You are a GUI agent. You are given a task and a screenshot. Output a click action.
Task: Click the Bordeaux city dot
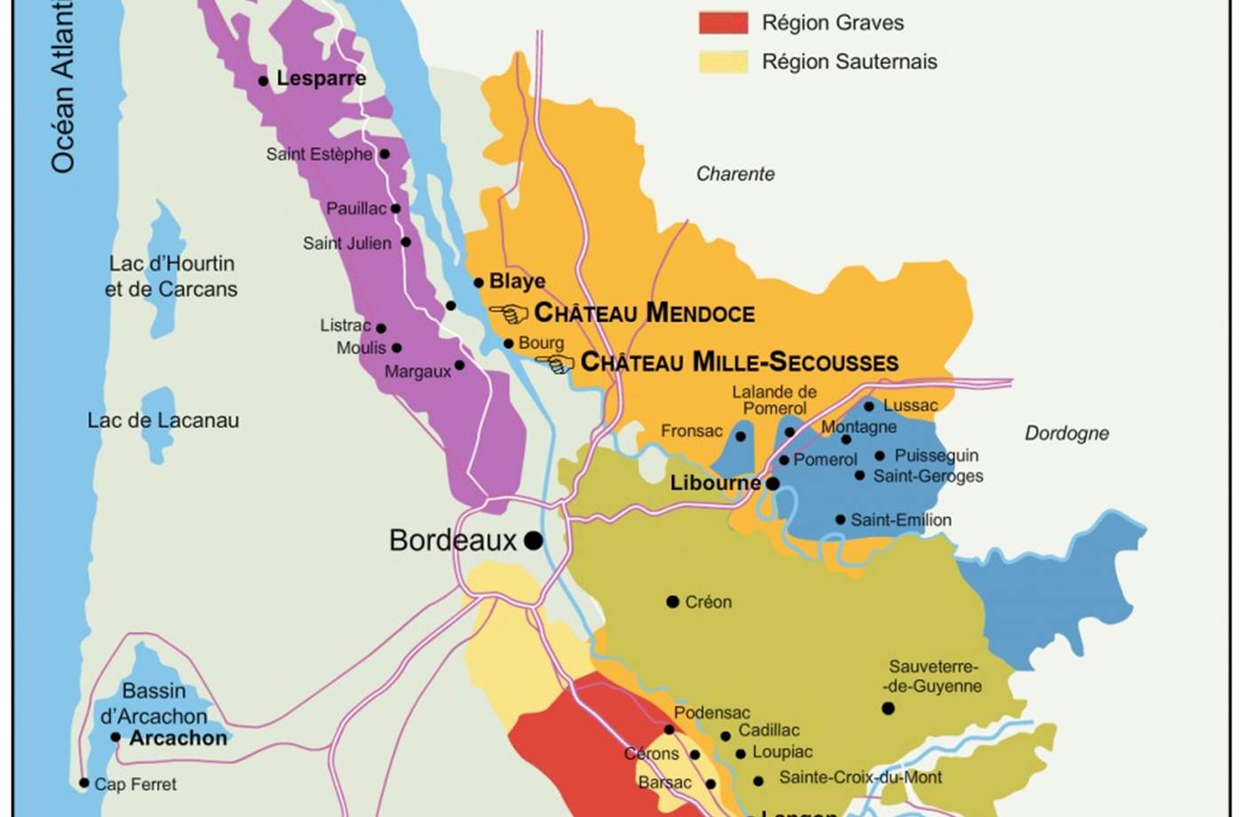[533, 540]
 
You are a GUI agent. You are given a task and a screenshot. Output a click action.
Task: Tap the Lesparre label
[321, 78]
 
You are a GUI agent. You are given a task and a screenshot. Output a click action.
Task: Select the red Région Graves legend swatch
[723, 22]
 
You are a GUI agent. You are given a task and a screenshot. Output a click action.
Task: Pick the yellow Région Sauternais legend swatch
[723, 61]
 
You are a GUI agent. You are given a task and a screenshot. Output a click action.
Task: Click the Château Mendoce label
[644, 313]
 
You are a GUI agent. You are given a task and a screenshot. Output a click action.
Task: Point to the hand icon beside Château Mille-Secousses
[555, 363]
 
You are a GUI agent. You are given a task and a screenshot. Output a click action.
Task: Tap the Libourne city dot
[772, 484]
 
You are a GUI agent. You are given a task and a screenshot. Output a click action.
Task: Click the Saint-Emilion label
[900, 520]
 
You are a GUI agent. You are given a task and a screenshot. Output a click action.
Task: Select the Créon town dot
[672, 602]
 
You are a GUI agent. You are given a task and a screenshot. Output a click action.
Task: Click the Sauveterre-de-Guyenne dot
[888, 708]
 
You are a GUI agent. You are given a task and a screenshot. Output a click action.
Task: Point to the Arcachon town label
[178, 738]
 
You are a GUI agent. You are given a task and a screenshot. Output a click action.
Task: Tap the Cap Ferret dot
[83, 783]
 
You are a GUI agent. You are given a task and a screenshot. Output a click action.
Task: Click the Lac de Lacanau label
[163, 421]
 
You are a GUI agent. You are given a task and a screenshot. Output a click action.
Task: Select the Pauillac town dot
[396, 209]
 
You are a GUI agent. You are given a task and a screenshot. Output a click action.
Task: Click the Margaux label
[417, 372]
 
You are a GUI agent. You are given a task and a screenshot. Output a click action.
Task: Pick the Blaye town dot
[479, 282]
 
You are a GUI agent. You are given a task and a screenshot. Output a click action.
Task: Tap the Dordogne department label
[1066, 433]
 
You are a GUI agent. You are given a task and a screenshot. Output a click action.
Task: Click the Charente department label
[735, 174]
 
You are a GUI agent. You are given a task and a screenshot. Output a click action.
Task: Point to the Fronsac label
[691, 431]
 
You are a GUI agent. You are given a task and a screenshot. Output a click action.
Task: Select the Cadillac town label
[769, 730]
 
